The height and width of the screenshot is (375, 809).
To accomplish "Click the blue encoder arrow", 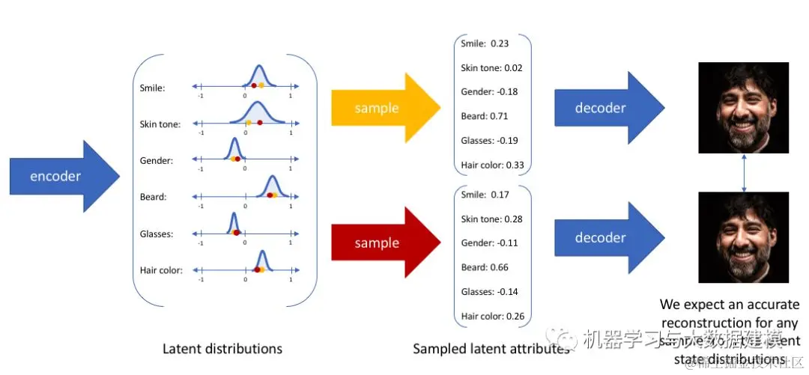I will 60,177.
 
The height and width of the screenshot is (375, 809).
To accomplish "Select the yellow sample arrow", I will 382,108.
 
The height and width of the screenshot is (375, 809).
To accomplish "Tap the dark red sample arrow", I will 382,243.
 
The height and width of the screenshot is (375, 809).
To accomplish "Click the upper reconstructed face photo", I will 744,108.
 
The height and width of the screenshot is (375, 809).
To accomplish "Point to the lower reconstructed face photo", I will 744,237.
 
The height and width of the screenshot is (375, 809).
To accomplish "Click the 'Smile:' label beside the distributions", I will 153,88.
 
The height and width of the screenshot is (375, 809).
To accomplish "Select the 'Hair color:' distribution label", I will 161,270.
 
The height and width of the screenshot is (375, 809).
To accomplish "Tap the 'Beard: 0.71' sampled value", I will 484,116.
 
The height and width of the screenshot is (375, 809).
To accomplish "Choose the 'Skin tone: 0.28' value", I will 491,219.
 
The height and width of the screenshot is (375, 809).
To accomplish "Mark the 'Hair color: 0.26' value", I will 493,316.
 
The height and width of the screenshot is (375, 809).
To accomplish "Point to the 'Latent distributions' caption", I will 222,349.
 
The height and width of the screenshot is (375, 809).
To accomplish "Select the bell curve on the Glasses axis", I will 233,222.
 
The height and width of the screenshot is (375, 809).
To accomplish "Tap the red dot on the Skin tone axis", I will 260,122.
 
